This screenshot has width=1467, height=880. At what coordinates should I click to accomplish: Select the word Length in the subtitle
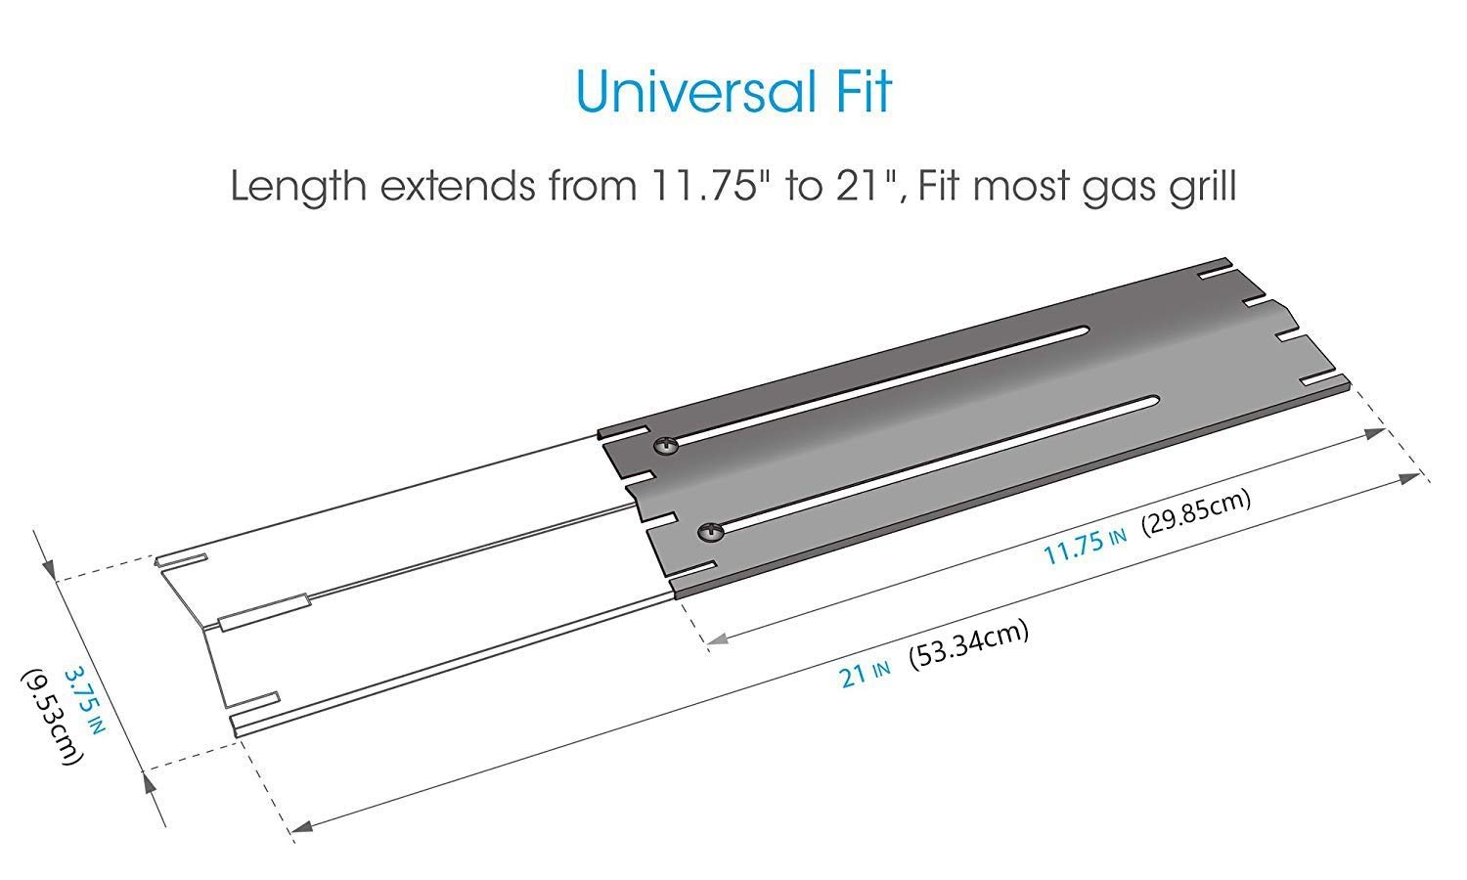tap(298, 187)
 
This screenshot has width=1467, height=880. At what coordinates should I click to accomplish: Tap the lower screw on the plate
tap(709, 532)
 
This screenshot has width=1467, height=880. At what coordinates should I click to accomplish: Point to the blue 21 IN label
tap(864, 673)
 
